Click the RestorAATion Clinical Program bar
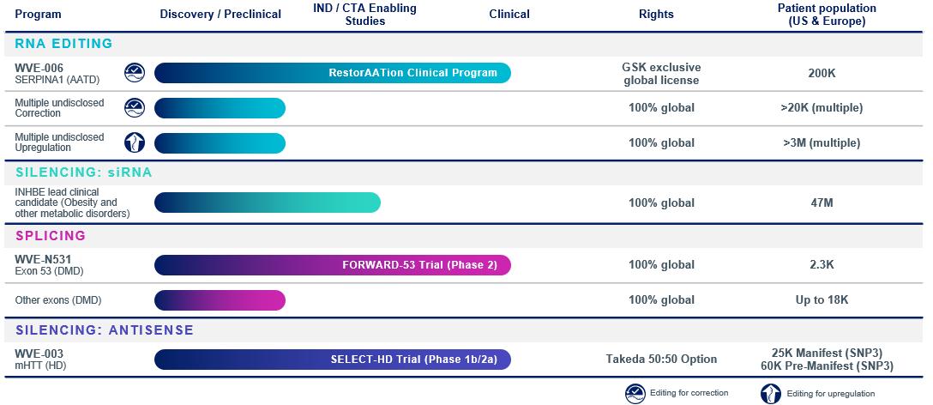(332, 73)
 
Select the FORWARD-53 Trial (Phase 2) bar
(332, 265)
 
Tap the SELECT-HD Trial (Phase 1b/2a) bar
(332, 359)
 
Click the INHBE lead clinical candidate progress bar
(267, 202)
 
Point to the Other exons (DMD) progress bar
(220, 300)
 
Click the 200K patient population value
(822, 73)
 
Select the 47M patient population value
(822, 202)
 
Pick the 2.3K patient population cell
(822, 265)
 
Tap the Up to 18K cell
(822, 300)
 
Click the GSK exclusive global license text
(661, 73)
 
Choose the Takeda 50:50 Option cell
(661, 359)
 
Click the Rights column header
(656, 15)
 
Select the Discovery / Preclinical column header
(221, 15)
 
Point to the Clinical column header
(509, 15)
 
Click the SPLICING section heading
(51, 235)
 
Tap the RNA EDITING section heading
(63, 44)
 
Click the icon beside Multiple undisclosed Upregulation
(135, 142)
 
